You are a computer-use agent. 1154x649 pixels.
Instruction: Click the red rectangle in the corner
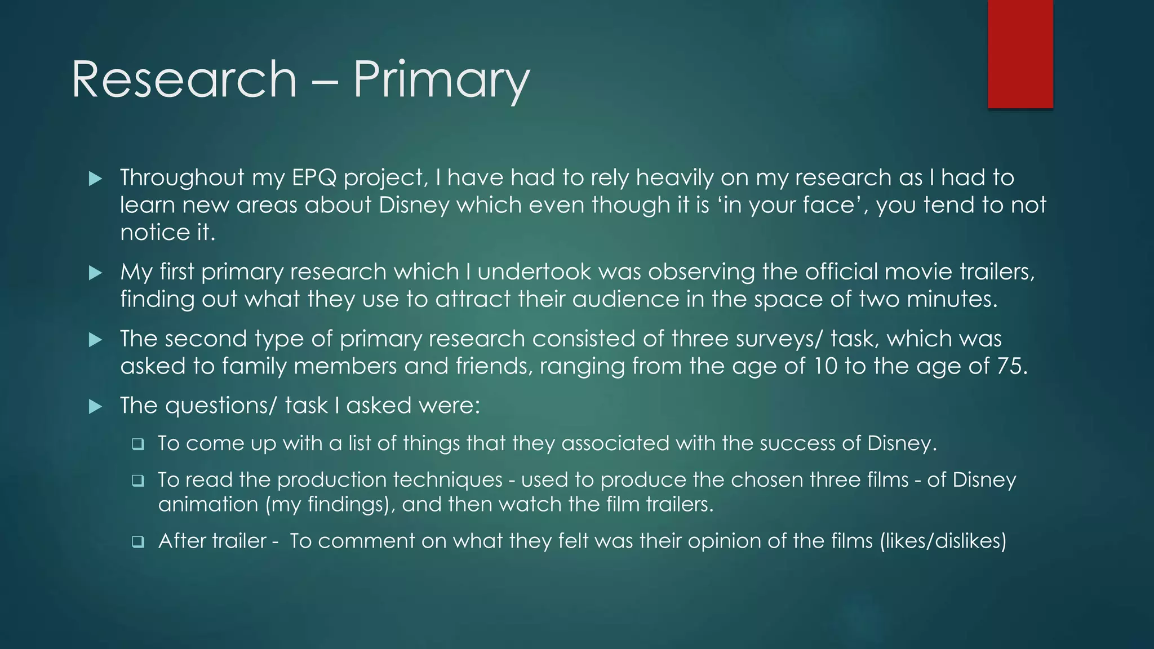[x=1020, y=54]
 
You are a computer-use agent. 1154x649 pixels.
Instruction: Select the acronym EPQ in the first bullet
[x=314, y=178]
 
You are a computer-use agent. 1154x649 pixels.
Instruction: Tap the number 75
[x=1011, y=366]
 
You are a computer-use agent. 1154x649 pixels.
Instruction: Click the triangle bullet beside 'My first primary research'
[x=95, y=273]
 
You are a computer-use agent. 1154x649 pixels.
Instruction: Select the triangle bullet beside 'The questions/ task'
[x=95, y=406]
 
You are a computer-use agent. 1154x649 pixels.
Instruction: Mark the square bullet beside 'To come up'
[x=137, y=444]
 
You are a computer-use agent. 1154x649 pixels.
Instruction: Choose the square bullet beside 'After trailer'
[x=137, y=542]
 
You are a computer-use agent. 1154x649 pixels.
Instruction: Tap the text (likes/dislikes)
[x=943, y=541]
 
